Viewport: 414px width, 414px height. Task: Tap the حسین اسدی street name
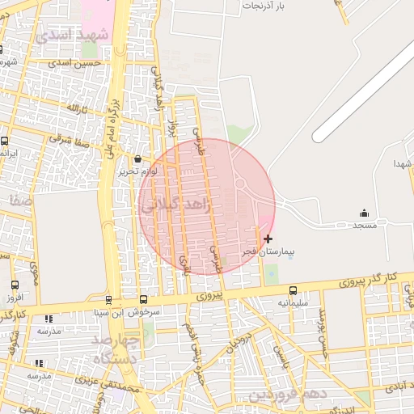point(75,62)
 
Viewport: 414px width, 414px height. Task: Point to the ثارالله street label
point(74,108)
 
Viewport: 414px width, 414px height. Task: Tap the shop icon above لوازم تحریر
point(137,158)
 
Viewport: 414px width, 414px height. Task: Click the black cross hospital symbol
point(268,239)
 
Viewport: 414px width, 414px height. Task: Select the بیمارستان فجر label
point(268,252)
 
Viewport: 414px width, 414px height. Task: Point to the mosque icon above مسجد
point(364,213)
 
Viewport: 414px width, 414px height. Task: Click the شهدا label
point(403,164)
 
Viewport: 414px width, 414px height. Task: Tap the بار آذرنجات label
point(264,6)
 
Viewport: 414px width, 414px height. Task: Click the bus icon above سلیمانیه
point(293,290)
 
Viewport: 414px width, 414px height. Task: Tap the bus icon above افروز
point(15,285)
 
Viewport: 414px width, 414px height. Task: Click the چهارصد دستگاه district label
point(112,348)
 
